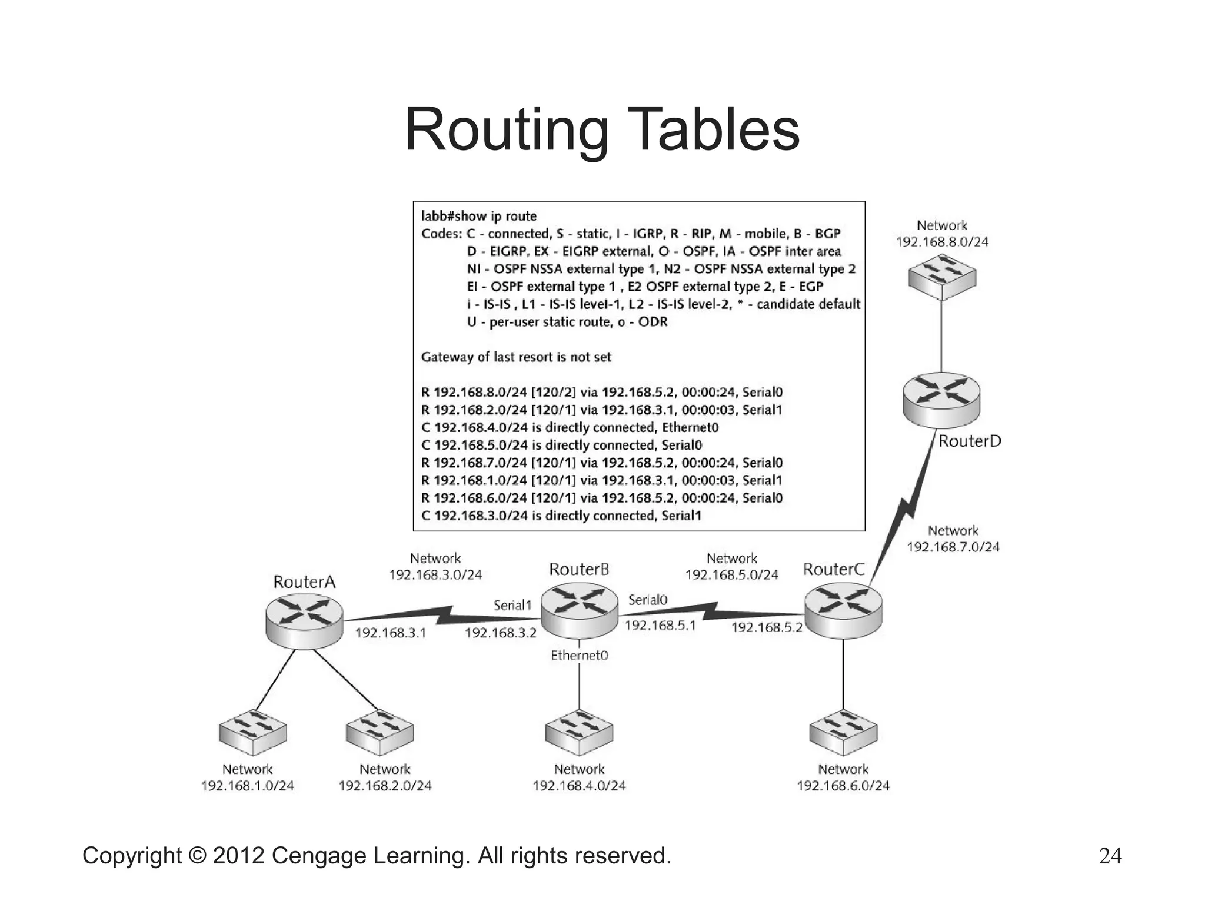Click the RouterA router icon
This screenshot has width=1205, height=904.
coord(304,620)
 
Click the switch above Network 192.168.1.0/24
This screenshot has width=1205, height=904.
coord(253,732)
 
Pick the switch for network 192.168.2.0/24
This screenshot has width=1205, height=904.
coord(380,732)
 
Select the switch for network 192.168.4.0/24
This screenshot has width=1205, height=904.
coord(579,732)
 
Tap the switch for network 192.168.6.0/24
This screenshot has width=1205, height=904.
coord(843,732)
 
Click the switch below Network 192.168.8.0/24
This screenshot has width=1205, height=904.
coord(941,277)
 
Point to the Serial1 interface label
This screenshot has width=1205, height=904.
coord(512,605)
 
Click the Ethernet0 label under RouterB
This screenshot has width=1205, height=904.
coord(579,655)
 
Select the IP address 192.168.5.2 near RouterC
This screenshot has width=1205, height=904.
coord(767,627)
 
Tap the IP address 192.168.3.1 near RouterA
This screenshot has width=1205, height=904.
coord(390,633)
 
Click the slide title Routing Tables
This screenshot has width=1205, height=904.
coord(602,129)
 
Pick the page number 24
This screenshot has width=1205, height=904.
coord(1110,856)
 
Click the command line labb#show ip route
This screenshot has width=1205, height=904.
coord(479,216)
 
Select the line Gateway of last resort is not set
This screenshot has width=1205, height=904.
coord(516,357)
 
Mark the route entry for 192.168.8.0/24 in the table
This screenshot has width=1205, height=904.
coord(602,392)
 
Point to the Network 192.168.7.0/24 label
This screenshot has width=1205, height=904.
coord(953,539)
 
